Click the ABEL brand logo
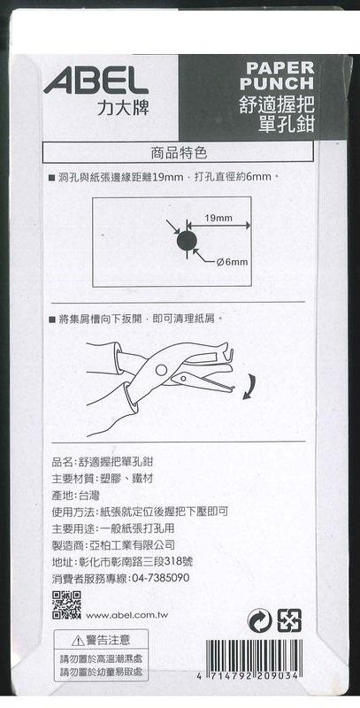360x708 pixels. tap(96, 83)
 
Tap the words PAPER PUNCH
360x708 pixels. tap(277, 75)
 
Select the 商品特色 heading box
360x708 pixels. tap(178, 153)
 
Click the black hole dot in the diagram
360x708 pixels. tap(187, 242)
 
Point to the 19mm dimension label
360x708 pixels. tap(218, 219)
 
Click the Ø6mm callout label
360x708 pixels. tap(232, 262)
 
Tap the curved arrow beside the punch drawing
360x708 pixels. tap(250, 387)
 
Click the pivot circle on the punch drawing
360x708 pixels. tap(161, 370)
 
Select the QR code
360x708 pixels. tap(66, 604)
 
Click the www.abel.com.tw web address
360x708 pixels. tap(123, 615)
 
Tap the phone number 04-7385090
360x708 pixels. tap(161, 578)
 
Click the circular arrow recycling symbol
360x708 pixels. tap(260, 620)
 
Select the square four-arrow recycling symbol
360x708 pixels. tap(289, 620)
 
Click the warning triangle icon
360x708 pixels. tap(78, 640)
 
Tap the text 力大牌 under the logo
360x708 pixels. tap(122, 107)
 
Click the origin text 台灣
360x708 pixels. tap(89, 496)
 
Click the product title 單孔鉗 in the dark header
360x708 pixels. tap(287, 123)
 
